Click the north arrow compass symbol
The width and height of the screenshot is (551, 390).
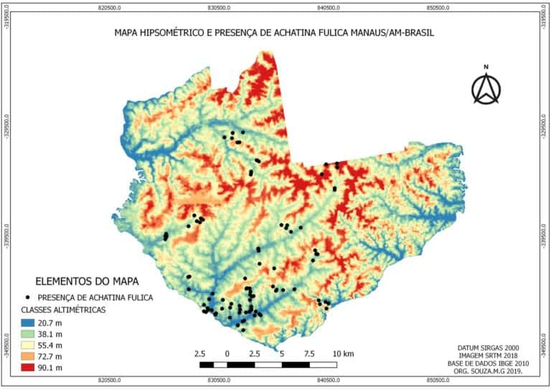click(x=486, y=86)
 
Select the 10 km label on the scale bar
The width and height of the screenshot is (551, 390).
click(x=343, y=353)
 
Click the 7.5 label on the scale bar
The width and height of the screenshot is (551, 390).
click(x=309, y=353)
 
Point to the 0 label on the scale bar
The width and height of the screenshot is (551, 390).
click(x=227, y=353)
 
